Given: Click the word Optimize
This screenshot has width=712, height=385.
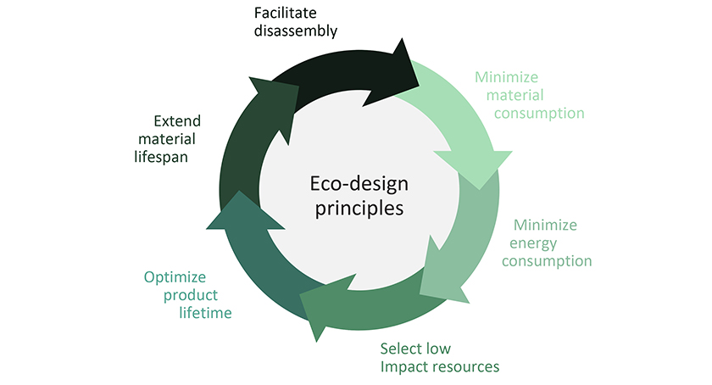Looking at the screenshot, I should pos(175,277).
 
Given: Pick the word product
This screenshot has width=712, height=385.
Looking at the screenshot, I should pos(192,295).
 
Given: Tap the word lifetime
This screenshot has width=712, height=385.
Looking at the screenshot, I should pos(205,313).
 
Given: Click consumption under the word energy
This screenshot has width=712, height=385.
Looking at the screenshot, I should pos(548,261).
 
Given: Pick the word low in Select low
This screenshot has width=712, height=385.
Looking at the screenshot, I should pos(439,349).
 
